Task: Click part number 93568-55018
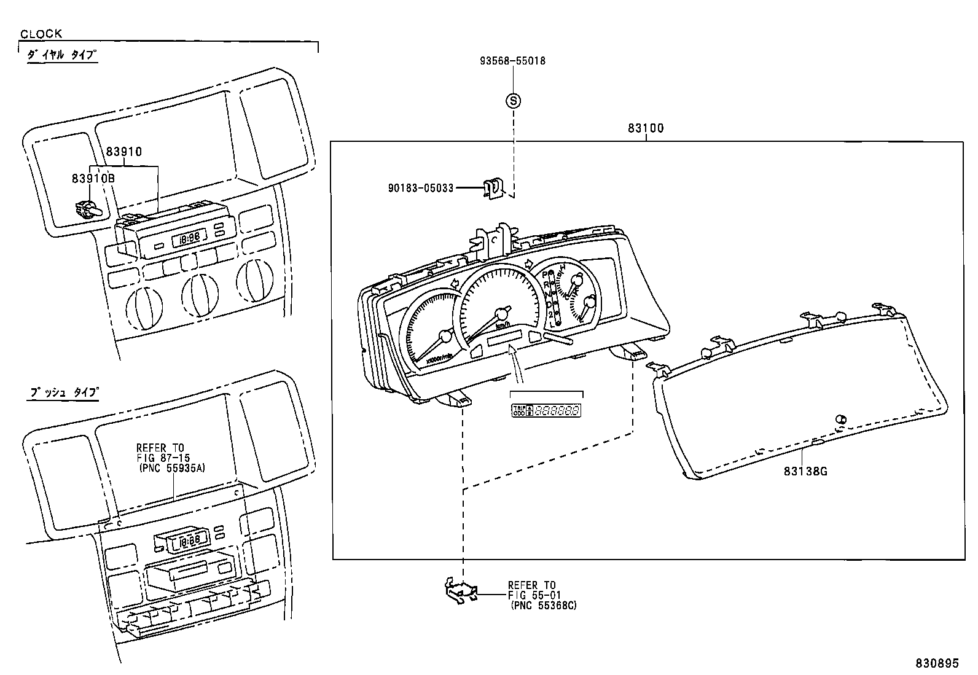pos(512,61)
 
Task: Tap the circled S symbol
pos(513,100)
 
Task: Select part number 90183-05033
pos(420,188)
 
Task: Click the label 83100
pos(646,128)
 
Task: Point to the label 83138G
pos(805,472)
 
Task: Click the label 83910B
pos(93,178)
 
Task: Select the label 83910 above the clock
pos(123,152)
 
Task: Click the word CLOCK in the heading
pos(41,34)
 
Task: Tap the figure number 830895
pos(936,663)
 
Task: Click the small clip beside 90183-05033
pos(492,188)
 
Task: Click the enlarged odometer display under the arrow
pos(547,410)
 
